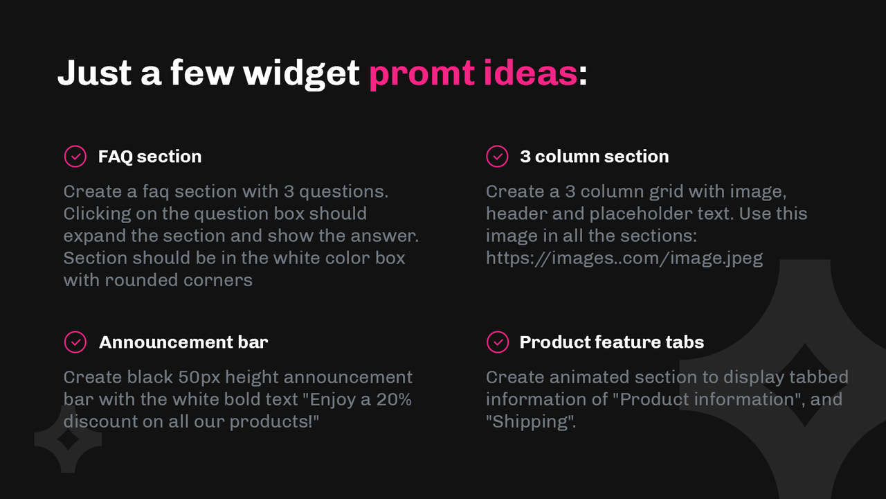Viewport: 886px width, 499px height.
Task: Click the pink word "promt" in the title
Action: coord(422,73)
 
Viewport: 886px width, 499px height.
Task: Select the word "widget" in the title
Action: coord(302,73)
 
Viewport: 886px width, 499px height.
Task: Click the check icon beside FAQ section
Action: coord(75,157)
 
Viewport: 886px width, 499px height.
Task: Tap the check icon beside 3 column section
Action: coord(497,157)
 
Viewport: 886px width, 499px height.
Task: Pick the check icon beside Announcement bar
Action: coord(75,342)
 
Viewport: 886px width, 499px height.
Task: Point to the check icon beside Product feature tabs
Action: coord(497,342)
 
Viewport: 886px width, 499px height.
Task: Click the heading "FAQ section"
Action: coord(150,157)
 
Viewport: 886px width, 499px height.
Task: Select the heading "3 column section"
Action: coord(594,157)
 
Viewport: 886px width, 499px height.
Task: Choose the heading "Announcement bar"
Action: coord(183,342)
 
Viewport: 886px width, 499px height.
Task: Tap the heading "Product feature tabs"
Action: coord(611,342)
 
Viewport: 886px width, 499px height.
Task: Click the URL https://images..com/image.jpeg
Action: coord(624,259)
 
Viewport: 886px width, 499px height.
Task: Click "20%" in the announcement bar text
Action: coord(395,399)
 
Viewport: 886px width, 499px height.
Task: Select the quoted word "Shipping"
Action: coord(530,421)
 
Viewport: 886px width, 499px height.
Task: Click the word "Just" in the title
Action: coord(94,73)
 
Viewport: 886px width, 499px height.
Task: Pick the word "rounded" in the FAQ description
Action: coord(141,280)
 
